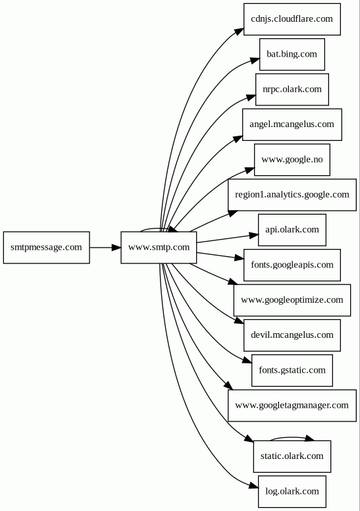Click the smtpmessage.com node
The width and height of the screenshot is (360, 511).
coord(46,248)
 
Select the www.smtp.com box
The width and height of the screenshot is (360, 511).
coord(159,248)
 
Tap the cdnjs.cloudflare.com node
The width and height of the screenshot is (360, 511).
coord(292,19)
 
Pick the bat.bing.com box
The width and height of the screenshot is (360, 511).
coord(292,55)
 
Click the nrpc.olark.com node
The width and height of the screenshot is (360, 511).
coord(292,90)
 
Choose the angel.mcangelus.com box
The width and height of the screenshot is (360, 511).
coord(292,125)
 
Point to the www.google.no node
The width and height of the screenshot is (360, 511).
coord(292,159)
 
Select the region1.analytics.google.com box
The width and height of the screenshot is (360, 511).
coord(292,195)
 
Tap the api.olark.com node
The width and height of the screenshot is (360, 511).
coord(292,230)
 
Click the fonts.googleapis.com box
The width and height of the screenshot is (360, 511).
coord(292,265)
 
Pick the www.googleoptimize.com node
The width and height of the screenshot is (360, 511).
coord(292,300)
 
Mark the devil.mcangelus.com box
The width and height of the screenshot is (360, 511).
coord(292,335)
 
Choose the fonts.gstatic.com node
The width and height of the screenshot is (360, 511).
coord(292,371)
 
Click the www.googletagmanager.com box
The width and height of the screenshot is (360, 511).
coord(292,406)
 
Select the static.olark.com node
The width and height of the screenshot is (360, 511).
coord(292,456)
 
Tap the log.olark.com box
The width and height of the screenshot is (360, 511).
coord(292,492)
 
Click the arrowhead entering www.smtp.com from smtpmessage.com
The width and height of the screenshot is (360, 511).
coord(116,248)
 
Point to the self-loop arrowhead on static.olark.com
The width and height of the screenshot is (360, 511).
coord(309,439)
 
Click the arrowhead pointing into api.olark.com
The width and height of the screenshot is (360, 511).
coord(253,235)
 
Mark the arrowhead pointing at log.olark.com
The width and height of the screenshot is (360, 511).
coord(253,485)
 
